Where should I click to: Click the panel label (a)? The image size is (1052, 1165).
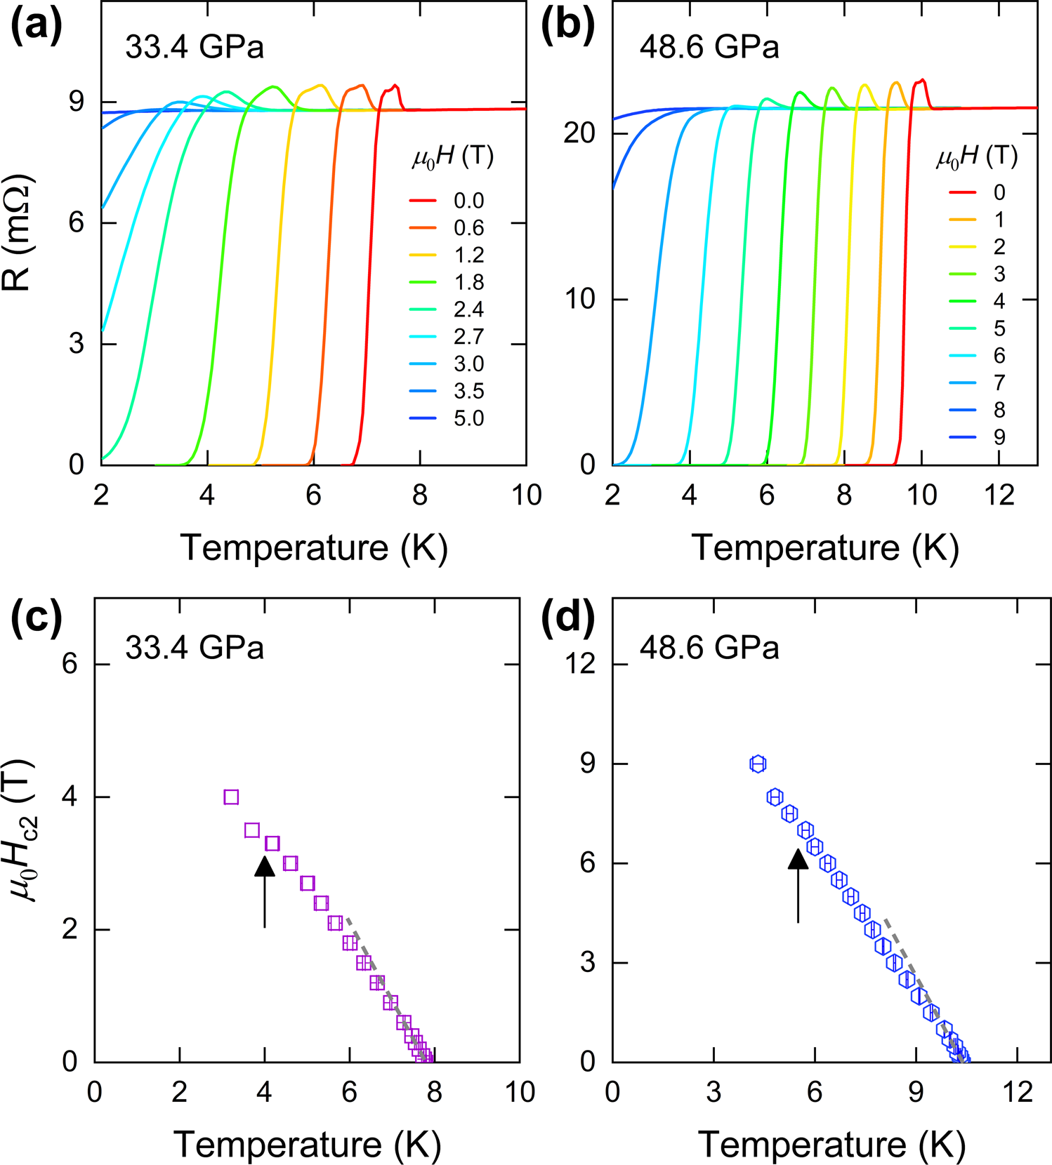(x=37, y=26)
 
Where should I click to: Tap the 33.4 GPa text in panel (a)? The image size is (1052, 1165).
(x=195, y=48)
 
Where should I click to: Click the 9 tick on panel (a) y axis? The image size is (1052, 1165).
(x=75, y=102)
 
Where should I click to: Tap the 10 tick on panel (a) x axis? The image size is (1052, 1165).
(x=526, y=495)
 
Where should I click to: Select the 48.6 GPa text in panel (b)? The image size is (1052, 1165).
(x=709, y=48)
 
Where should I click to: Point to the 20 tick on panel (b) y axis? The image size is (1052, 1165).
(x=580, y=133)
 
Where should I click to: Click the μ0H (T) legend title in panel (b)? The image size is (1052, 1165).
(x=976, y=157)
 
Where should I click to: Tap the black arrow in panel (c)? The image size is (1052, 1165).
(x=265, y=891)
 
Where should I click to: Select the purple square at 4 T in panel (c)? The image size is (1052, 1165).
(x=231, y=797)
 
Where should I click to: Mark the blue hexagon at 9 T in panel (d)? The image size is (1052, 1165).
(x=757, y=764)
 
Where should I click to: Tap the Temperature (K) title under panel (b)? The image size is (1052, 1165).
(x=825, y=548)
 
